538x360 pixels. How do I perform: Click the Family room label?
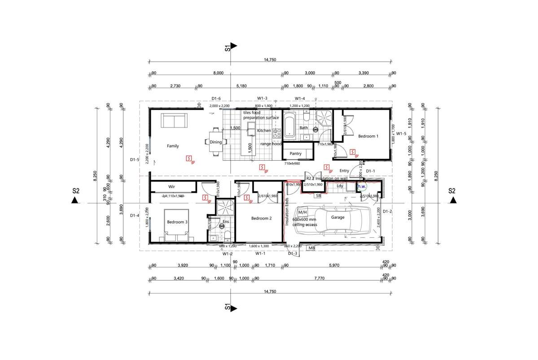(x=173, y=146)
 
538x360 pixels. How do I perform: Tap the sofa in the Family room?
(x=175, y=121)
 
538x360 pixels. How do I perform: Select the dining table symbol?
(x=215, y=142)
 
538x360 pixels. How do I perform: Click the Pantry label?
(x=296, y=154)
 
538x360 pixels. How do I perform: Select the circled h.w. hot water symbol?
(x=362, y=186)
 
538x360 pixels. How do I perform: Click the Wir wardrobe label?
(x=171, y=186)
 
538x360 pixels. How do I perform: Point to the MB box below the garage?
(x=311, y=248)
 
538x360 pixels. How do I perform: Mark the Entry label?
(x=344, y=171)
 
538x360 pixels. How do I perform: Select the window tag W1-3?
(x=262, y=98)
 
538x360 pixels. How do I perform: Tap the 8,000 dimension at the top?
(x=218, y=73)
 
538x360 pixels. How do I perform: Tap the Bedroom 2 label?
(x=261, y=219)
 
